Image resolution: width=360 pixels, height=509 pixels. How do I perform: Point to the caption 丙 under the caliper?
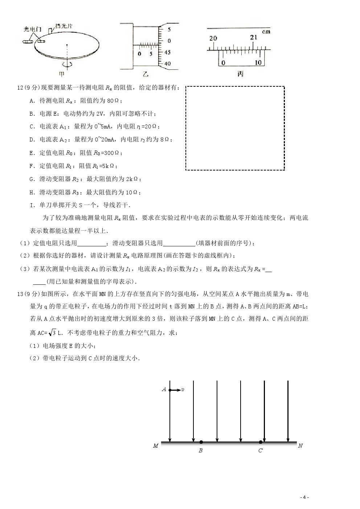(x=240, y=74)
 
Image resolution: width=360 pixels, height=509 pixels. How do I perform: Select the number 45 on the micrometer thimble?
(x=167, y=52)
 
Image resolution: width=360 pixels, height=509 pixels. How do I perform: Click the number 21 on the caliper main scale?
(x=254, y=37)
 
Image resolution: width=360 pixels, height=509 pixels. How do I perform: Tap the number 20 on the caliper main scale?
(x=213, y=38)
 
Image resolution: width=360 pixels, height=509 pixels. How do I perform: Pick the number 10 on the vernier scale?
(x=258, y=63)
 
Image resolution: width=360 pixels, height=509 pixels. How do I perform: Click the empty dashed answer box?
(x=235, y=128)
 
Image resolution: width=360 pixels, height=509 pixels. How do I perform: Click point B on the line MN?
(x=201, y=442)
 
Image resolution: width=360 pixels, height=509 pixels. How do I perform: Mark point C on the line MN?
(x=261, y=442)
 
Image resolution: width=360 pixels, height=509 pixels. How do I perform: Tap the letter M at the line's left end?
(x=156, y=446)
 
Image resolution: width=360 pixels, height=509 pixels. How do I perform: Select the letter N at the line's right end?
(x=300, y=446)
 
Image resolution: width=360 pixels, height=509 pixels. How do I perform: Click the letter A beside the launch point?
(x=164, y=390)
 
